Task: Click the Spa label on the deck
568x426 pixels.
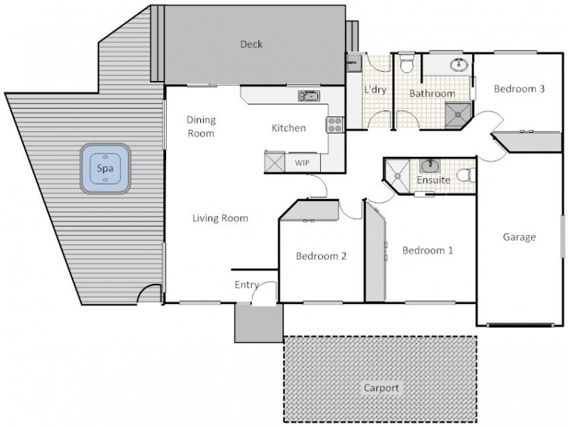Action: (x=106, y=169)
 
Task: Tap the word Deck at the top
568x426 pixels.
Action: (x=251, y=44)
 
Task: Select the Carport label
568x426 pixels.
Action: (x=381, y=388)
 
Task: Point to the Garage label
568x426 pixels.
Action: (x=519, y=237)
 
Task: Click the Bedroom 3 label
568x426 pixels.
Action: (x=519, y=89)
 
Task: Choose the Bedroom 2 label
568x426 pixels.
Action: (x=321, y=256)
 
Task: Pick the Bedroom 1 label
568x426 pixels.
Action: (x=427, y=251)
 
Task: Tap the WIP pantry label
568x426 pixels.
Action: (x=302, y=163)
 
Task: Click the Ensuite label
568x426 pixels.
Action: (x=433, y=180)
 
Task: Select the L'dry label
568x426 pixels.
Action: (x=375, y=90)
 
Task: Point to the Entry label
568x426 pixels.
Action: (x=246, y=285)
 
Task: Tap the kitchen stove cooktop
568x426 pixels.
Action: (x=334, y=124)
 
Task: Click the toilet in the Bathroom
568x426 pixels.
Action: (x=406, y=65)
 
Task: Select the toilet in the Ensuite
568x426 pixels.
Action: (x=465, y=174)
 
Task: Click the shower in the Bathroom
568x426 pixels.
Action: (x=458, y=114)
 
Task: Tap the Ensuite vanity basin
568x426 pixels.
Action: (x=431, y=166)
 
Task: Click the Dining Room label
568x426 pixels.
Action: (x=201, y=126)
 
